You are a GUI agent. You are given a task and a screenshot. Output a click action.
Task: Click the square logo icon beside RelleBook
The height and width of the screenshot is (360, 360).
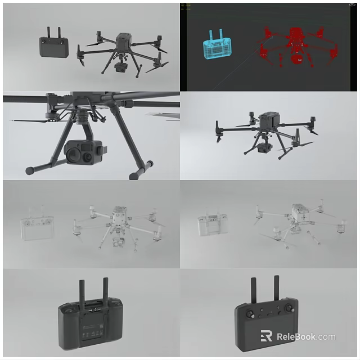(x=267, y=336)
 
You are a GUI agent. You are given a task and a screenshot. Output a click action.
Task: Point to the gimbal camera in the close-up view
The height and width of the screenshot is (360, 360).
(x=82, y=150)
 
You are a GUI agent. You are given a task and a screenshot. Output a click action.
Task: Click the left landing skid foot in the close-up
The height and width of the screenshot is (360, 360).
(x=30, y=170)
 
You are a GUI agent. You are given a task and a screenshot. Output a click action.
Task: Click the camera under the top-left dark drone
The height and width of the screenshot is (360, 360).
(x=120, y=67)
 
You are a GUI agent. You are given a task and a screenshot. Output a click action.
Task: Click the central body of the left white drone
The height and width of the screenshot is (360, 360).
(x=119, y=216)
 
